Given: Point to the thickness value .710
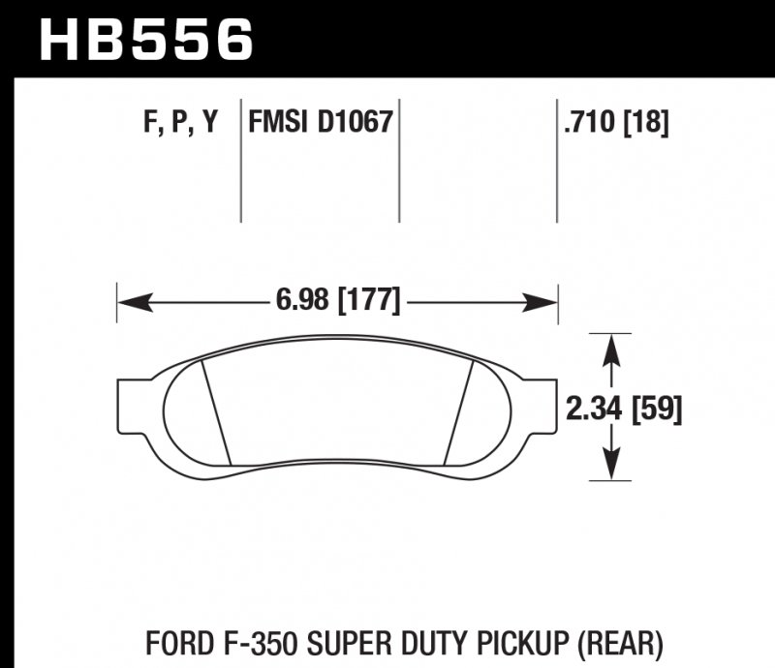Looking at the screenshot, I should point(588,123).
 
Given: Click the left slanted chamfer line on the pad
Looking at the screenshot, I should point(215,410).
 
